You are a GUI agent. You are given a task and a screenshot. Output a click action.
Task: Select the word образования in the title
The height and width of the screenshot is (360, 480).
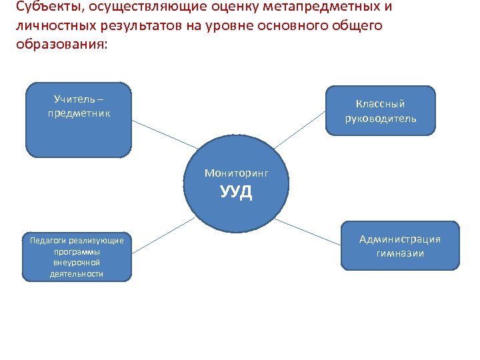[x=58, y=44]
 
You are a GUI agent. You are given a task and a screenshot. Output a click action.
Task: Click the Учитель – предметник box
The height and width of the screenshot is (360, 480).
[x=79, y=120]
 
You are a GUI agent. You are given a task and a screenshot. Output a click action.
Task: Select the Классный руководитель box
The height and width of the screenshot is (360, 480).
[x=381, y=111]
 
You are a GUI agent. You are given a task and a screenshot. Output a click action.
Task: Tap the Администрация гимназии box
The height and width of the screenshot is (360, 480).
[x=400, y=245]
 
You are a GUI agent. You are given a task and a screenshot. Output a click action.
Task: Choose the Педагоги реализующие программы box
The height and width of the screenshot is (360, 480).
[x=76, y=257]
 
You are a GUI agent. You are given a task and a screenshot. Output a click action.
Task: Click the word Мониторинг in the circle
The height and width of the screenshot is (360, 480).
[x=237, y=173]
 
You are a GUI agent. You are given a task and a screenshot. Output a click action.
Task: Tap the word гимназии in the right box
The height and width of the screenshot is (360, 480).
[x=400, y=253]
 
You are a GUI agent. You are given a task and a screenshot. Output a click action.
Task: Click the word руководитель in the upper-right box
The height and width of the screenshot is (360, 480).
[x=381, y=119]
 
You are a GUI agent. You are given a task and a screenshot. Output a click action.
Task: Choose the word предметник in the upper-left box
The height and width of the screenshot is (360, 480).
[x=79, y=113]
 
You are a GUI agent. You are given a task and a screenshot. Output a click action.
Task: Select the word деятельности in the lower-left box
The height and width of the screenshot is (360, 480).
[x=76, y=274]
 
